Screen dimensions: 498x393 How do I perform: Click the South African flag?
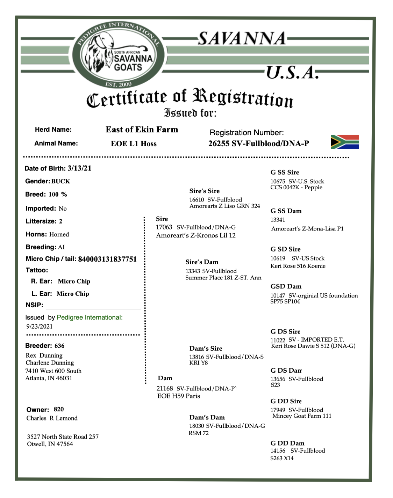(x=344, y=142)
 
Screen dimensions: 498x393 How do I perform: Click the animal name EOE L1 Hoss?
(x=134, y=144)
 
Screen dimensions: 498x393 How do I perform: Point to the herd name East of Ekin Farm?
(x=142, y=130)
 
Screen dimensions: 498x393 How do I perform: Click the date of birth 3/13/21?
(x=79, y=168)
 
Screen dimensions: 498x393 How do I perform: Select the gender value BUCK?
(x=60, y=181)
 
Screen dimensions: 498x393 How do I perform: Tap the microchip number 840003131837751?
(x=107, y=259)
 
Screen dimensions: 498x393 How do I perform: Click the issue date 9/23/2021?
(x=40, y=327)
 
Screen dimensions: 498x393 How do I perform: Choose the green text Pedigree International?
(x=90, y=317)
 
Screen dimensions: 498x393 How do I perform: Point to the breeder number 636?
(x=59, y=346)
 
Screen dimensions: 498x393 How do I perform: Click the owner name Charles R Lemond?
(x=52, y=418)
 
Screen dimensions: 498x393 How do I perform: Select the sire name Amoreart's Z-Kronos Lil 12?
(x=195, y=235)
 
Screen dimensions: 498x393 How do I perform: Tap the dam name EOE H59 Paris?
(x=179, y=396)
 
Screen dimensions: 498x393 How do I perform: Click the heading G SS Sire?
(x=285, y=172)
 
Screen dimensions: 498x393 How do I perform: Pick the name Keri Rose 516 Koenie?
(x=298, y=266)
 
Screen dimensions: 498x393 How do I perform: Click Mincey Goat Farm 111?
(x=302, y=416)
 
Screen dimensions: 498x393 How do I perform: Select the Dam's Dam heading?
(x=207, y=417)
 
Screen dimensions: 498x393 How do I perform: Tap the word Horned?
(x=59, y=234)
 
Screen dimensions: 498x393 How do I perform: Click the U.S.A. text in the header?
(x=292, y=73)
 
